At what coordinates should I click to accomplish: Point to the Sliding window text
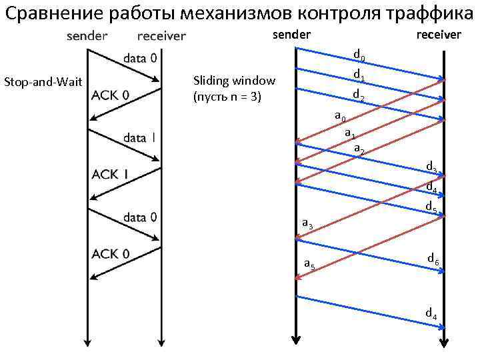click(233, 81)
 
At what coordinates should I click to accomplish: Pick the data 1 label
click(139, 138)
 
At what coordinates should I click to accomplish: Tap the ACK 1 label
click(110, 174)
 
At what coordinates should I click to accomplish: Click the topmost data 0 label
click(140, 59)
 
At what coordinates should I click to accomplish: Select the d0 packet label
click(359, 55)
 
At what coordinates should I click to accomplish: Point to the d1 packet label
click(359, 74)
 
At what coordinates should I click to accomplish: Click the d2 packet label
click(359, 94)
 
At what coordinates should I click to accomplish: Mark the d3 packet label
click(432, 167)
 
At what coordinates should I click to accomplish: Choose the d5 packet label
click(431, 207)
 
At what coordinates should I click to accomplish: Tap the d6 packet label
click(433, 259)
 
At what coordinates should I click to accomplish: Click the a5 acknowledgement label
click(309, 264)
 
